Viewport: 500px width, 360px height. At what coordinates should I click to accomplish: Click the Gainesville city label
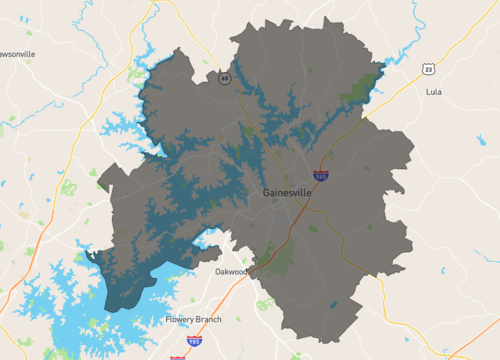pyautogui.click(x=288, y=192)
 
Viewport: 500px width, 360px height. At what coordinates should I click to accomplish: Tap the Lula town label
pyautogui.click(x=432, y=91)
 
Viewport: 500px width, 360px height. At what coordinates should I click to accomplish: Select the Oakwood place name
pyautogui.click(x=231, y=270)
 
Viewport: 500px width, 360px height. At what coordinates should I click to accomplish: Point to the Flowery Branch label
pyautogui.click(x=193, y=319)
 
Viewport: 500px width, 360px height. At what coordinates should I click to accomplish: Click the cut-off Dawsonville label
pyautogui.click(x=17, y=53)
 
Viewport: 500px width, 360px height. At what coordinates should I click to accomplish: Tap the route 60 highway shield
pyautogui.click(x=226, y=78)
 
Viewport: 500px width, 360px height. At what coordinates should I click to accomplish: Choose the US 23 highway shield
pyautogui.click(x=427, y=68)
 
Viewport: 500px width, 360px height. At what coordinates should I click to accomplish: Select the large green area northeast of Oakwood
pyautogui.click(x=279, y=261)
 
